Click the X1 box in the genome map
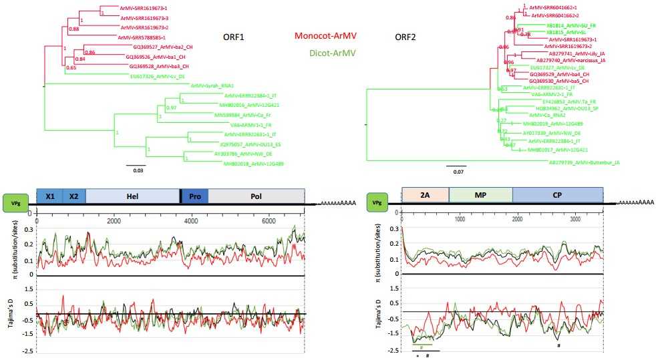[x=49, y=196]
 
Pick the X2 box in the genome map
[x=73, y=196]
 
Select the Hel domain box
[x=132, y=196]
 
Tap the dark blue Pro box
[x=195, y=196]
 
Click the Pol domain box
[x=257, y=196]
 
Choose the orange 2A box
[x=425, y=194]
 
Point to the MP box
[x=480, y=194]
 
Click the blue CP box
[x=557, y=194]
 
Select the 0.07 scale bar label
[x=456, y=170]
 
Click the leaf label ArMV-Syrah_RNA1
[x=211, y=85]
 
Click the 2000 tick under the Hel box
[x=114, y=220]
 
